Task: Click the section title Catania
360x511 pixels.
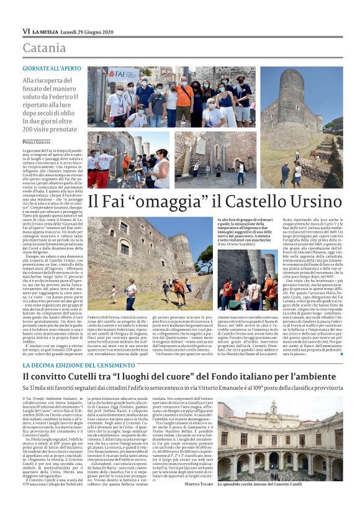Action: coord(44,47)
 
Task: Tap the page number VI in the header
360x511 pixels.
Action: coord(27,31)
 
